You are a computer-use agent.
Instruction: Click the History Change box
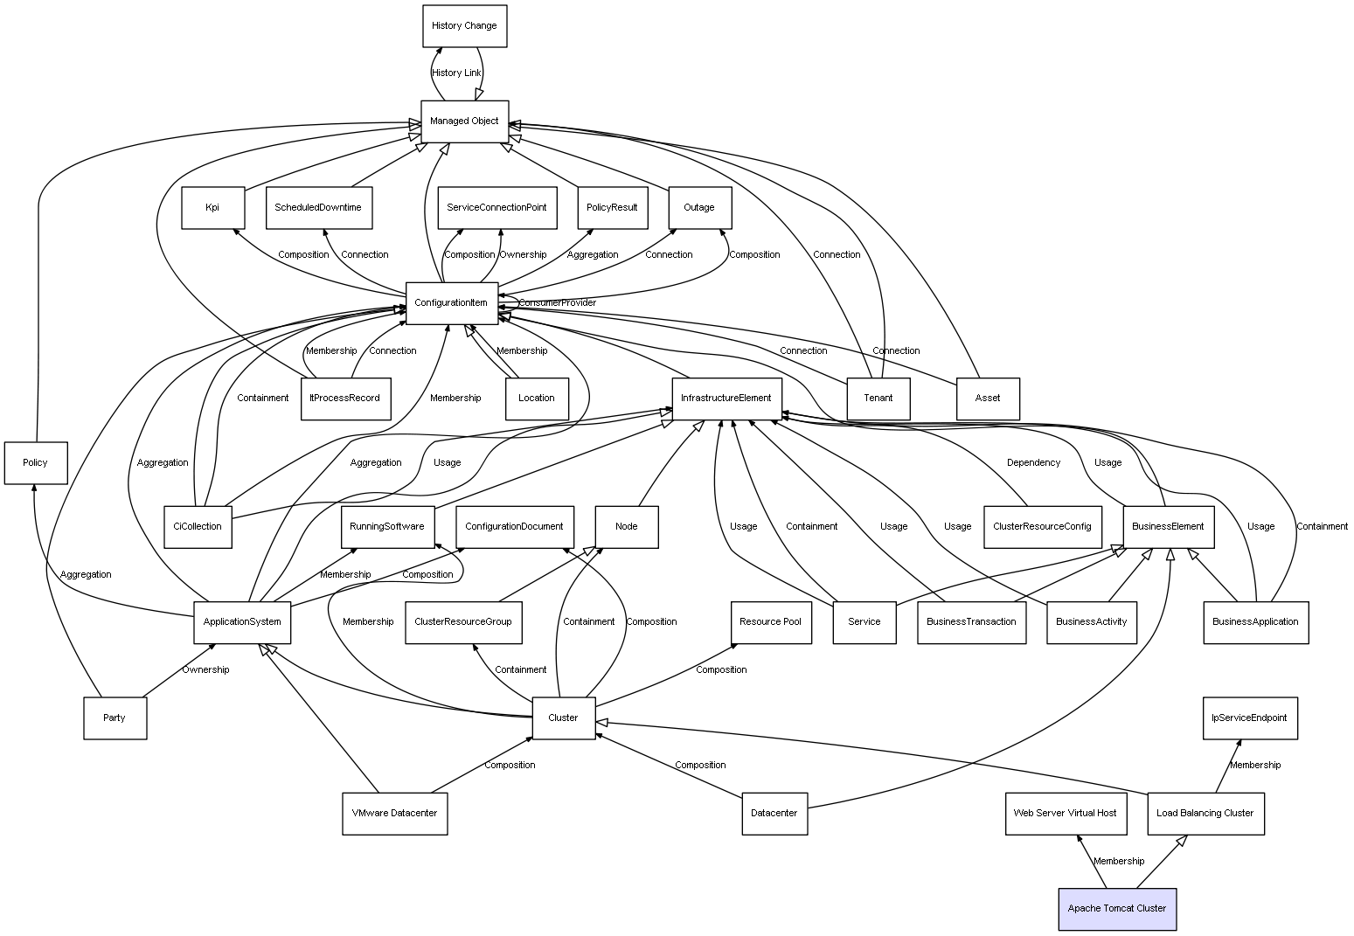[464, 26]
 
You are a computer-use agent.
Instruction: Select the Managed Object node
[464, 121]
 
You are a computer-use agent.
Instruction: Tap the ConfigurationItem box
[451, 303]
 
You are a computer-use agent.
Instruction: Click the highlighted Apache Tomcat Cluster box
[1116, 909]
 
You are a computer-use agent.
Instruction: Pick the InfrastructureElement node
[726, 399]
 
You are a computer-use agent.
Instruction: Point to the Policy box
[35, 462]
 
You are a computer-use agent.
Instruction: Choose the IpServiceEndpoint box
[1248, 718]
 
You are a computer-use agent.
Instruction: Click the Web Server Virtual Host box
[1064, 814]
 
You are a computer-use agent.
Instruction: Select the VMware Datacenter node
[394, 814]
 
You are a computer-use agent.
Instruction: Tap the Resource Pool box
[769, 622]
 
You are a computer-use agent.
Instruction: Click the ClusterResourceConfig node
[1041, 527]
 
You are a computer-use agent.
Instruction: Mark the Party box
[115, 718]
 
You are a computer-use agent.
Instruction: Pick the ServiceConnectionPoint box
[496, 208]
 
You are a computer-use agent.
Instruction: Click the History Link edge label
[456, 73]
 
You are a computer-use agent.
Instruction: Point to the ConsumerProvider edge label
[557, 303]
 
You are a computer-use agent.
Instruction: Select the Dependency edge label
[1033, 463]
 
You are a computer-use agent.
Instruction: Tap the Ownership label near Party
[205, 670]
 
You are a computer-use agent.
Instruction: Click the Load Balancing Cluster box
[1205, 814]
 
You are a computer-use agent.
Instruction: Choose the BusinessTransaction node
[970, 622]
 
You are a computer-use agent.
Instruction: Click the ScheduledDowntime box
[318, 208]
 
